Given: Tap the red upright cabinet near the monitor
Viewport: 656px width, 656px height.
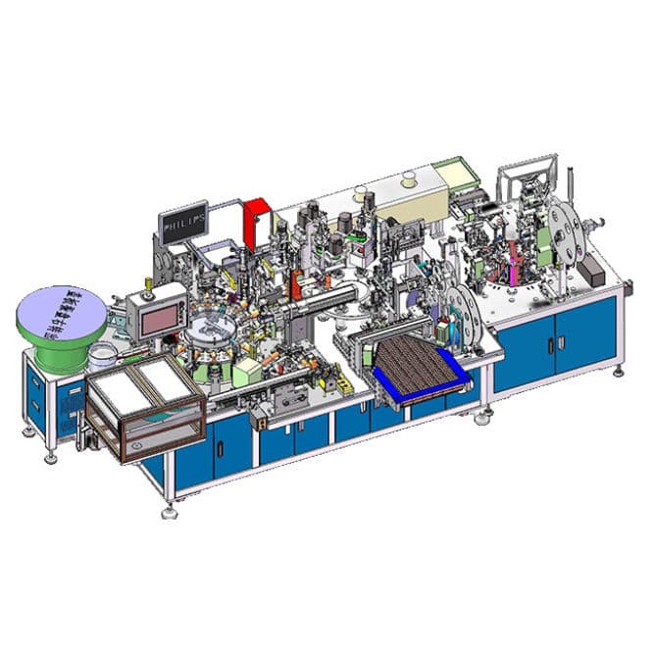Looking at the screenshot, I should coord(257,220).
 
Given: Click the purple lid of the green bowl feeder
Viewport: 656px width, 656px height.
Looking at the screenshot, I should coord(62,309).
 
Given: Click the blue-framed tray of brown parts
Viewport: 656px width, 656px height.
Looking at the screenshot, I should coord(417,366).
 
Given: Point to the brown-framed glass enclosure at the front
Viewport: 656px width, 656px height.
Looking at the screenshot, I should coord(145,402).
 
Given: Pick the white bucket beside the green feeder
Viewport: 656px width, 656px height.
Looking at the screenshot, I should coord(102,354).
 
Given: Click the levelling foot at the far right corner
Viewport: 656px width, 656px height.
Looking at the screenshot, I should coord(619,370).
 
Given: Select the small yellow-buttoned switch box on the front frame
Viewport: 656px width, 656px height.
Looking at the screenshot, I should coord(262,420).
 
